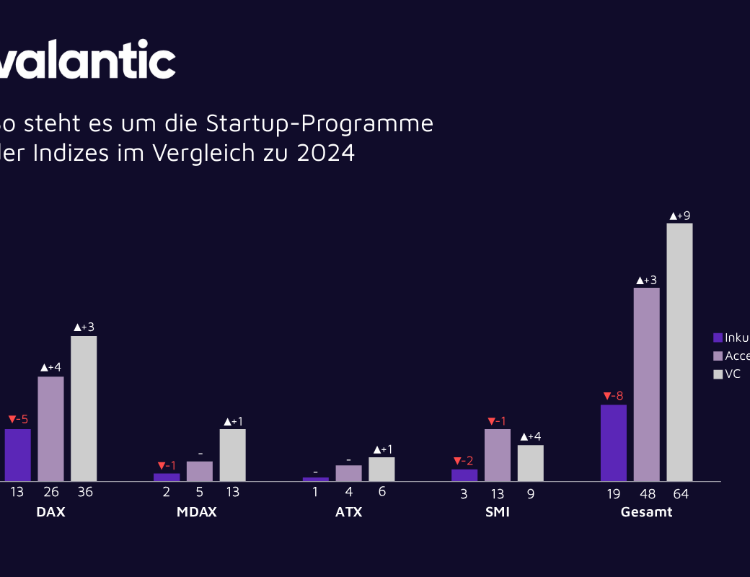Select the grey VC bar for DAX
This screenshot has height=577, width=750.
tap(84, 408)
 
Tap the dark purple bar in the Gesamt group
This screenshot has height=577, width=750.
tap(613, 443)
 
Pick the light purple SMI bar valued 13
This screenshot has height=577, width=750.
tap(498, 455)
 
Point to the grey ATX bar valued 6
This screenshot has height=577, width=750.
tap(381, 469)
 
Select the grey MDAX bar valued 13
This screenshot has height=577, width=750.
tap(232, 455)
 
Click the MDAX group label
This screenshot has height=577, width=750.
tap(196, 512)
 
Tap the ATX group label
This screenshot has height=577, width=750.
tap(348, 512)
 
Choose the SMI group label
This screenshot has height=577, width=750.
tap(498, 512)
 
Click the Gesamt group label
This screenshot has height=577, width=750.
tap(646, 512)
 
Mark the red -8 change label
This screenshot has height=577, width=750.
tap(613, 396)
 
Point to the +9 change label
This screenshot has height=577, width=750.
tap(679, 215)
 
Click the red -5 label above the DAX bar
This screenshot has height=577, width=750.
tap(18, 420)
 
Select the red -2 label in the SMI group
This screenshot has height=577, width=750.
tap(464, 461)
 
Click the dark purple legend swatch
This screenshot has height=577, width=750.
tap(718, 338)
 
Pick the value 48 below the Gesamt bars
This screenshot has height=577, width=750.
tap(646, 494)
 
